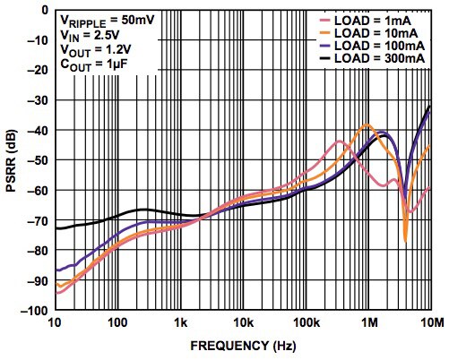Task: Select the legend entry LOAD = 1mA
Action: [x=370, y=18]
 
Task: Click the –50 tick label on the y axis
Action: [x=36, y=160]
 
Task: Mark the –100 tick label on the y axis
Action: [x=33, y=311]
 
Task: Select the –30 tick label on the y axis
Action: [x=36, y=100]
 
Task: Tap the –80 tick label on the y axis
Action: [x=36, y=251]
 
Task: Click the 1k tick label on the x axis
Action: [x=179, y=322]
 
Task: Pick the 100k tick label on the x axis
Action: [x=305, y=322]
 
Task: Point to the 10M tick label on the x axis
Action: [x=430, y=322]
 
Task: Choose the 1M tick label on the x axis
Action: [x=368, y=322]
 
